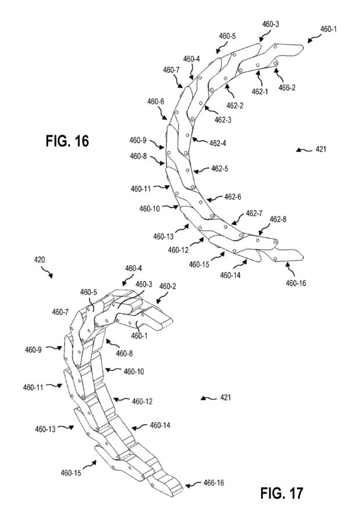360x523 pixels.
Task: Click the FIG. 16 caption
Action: click(67, 141)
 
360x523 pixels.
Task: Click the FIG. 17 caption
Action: click(281, 493)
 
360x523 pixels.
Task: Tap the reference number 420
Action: click(40, 260)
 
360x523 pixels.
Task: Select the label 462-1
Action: click(260, 91)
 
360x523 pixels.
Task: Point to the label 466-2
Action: click(287, 88)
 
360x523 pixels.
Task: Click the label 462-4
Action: click(218, 143)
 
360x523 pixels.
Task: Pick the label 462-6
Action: click(233, 197)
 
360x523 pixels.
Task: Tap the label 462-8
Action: click(278, 219)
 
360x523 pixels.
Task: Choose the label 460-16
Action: click(295, 283)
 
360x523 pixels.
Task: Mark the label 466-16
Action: click(213, 483)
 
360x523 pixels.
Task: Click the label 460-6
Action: click(156, 101)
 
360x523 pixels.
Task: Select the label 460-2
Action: click(167, 286)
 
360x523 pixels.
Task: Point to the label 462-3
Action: click(223, 120)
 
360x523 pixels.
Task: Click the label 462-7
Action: click(254, 213)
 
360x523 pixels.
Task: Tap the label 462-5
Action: click(220, 169)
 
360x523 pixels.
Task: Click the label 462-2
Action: click(235, 106)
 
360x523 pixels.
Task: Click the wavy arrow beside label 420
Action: click(47, 273)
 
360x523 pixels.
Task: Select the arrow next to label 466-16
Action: click(193, 485)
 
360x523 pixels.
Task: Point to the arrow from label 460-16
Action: click(290, 269)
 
